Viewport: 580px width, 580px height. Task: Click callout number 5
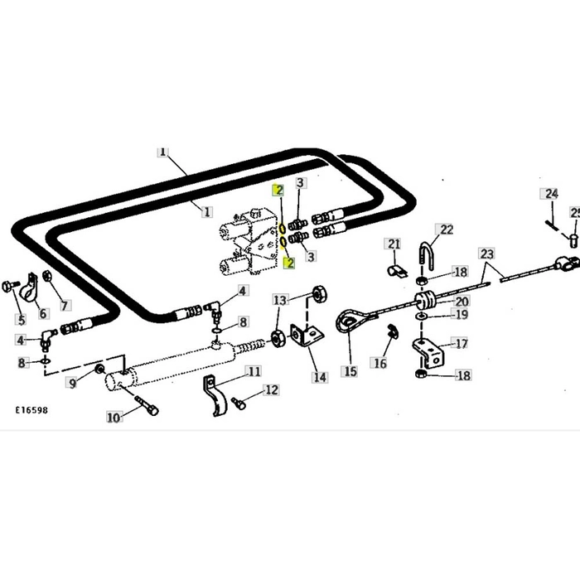point(21,319)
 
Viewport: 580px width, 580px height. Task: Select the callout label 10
point(114,417)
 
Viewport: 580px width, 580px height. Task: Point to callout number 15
point(350,371)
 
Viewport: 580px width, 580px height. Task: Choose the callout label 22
point(446,230)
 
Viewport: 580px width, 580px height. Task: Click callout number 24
point(550,194)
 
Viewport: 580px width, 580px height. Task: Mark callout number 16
point(380,363)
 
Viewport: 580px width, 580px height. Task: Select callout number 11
point(254,371)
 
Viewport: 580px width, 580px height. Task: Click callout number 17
point(462,343)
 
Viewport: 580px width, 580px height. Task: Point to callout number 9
point(72,382)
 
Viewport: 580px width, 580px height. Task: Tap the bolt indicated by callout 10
point(150,407)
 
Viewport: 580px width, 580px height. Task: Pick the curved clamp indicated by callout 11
point(216,395)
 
